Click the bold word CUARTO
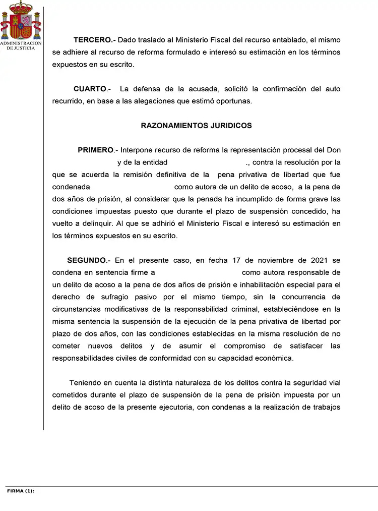coord(90,89)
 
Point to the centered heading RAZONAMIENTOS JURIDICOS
coord(196,126)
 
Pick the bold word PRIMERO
coord(95,150)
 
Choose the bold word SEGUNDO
coord(86,260)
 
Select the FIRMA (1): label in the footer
coord(21,490)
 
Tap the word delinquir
coord(96,223)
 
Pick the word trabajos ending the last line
coord(326,407)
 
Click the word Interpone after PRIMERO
coord(138,150)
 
